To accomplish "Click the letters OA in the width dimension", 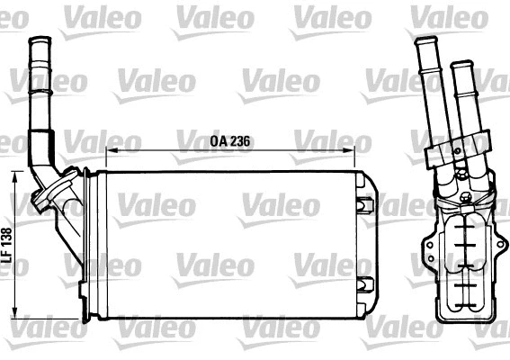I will pyautogui.click(x=219, y=141).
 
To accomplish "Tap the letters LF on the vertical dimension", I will pyautogui.click(x=7, y=256).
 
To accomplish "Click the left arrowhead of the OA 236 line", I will pyautogui.click(x=111, y=150).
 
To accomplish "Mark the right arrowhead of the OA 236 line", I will pyautogui.click(x=366, y=150).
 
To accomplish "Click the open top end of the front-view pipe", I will pyautogui.click(x=40, y=40).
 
